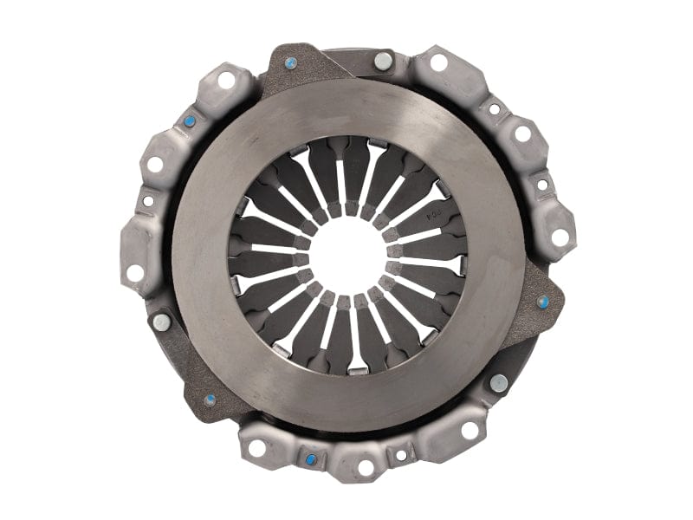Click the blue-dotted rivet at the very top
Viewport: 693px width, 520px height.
tap(291, 62)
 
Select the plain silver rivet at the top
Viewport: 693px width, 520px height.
tap(381, 61)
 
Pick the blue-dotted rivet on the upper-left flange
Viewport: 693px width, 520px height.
tap(189, 121)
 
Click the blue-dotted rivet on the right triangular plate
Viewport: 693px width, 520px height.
tap(543, 302)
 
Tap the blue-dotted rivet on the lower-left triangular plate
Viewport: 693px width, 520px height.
tap(210, 400)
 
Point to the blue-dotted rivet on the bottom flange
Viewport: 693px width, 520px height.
tap(311, 459)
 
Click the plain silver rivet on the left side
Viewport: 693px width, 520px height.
tap(161, 322)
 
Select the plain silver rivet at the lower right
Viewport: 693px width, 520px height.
tap(498, 382)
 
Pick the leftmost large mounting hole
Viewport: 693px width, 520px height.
tap(135, 273)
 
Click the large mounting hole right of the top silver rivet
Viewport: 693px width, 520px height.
tap(438, 62)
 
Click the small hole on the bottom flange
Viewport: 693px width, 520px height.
tap(400, 454)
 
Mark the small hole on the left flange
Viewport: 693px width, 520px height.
tap(148, 201)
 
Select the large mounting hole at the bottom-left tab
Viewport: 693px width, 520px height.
tap(257, 448)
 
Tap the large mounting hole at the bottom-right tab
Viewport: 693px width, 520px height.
tap(470, 429)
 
